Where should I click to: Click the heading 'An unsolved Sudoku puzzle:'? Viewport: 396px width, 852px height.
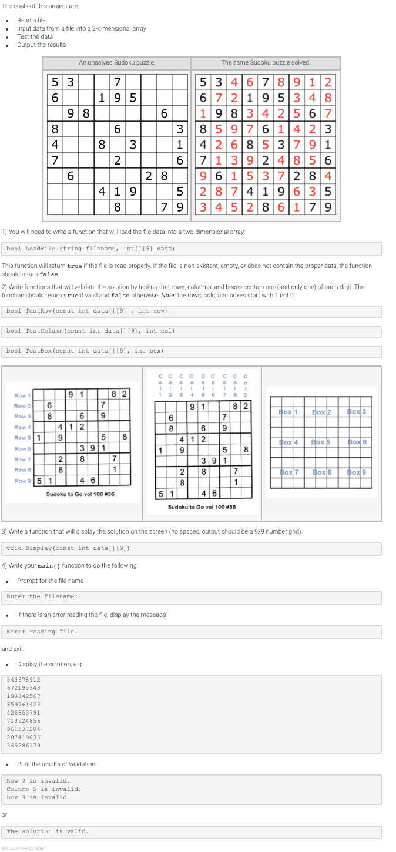(117, 63)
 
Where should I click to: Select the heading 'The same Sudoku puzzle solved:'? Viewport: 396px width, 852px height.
(266, 63)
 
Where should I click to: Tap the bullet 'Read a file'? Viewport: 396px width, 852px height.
(31, 20)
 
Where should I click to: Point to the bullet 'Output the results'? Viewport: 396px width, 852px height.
(41, 45)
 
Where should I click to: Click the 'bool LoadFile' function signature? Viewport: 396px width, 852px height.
(90, 249)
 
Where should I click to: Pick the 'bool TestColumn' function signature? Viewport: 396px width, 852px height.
(90, 331)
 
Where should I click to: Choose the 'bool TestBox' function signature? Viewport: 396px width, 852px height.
(85, 351)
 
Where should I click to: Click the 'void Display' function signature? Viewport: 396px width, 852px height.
(68, 548)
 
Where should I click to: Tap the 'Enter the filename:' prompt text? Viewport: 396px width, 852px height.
(42, 596)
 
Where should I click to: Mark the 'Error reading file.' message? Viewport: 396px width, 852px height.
(42, 632)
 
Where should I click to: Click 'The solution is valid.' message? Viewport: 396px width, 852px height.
(48, 831)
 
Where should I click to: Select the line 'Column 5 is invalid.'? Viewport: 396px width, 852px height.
(43, 789)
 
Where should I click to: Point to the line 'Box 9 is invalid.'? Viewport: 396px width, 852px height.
(38, 797)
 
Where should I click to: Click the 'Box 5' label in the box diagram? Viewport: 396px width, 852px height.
(321, 441)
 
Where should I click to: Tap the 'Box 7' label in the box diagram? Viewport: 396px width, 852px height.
(288, 472)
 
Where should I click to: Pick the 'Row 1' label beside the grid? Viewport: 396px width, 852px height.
(22, 395)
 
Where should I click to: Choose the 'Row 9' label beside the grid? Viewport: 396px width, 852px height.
(22, 481)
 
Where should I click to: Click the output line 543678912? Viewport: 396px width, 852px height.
(24, 679)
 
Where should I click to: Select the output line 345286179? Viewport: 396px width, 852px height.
(24, 745)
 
